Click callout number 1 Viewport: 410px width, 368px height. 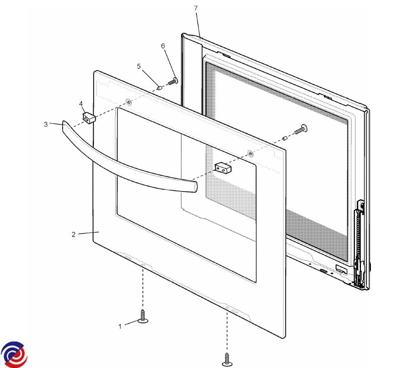click(120, 326)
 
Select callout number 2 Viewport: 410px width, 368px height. click(73, 235)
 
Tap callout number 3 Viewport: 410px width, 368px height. click(46, 124)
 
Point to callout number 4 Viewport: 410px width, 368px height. click(81, 104)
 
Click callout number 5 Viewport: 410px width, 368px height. click(138, 66)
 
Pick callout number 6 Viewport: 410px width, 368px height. click(163, 46)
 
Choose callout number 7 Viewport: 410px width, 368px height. click(196, 8)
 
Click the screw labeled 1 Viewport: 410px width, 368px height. click(143, 316)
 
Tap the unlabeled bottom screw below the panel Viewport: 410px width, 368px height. click(227, 359)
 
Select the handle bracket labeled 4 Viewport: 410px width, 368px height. click(89, 118)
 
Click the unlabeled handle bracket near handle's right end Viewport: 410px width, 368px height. click(223, 168)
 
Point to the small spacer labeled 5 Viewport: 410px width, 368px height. click(159, 88)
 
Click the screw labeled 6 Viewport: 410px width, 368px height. click(173, 81)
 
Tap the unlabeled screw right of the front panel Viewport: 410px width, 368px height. click(301, 130)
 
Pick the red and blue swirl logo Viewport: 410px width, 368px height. click(14, 354)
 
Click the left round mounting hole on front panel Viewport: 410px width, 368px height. click(129, 102)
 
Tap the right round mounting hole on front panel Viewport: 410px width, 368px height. click(250, 153)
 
